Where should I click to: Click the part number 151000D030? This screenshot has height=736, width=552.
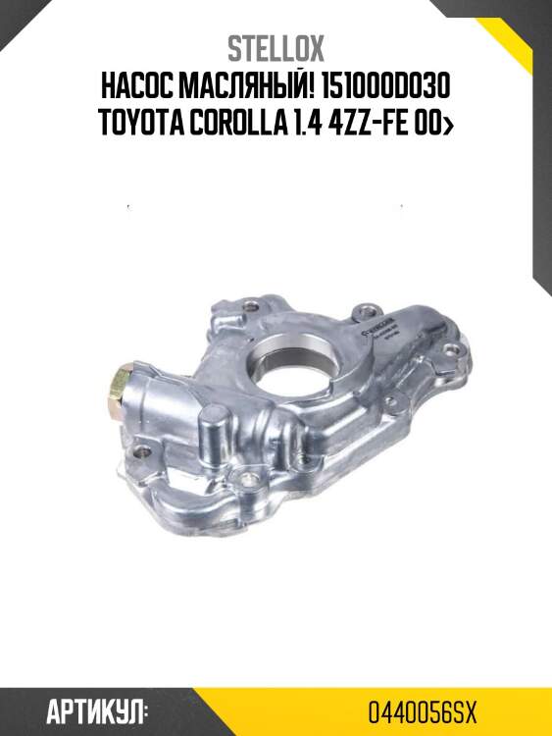[388, 87]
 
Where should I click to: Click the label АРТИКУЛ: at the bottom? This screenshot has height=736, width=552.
[98, 710]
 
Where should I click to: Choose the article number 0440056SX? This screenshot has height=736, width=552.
[422, 710]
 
